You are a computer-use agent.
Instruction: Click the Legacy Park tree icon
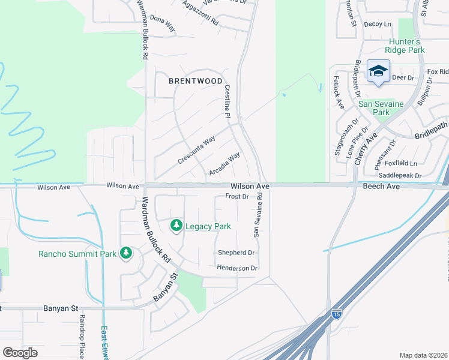coord(176,226)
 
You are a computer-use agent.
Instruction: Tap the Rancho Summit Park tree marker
coord(125,253)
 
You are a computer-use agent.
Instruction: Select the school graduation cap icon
coord(378,72)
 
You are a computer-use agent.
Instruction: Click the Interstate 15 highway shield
coord(337,314)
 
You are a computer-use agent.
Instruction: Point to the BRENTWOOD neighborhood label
coord(195,80)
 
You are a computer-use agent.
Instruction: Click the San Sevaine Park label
coord(382,108)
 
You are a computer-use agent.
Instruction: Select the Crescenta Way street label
coord(196,151)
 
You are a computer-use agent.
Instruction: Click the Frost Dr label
coord(237,196)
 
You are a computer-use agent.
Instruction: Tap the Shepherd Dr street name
coord(236,253)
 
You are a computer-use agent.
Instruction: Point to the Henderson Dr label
coord(237,268)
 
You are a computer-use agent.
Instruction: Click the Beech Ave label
coord(381,187)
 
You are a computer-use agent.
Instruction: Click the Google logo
coord(20,352)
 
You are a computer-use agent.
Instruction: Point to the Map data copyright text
coord(423,355)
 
